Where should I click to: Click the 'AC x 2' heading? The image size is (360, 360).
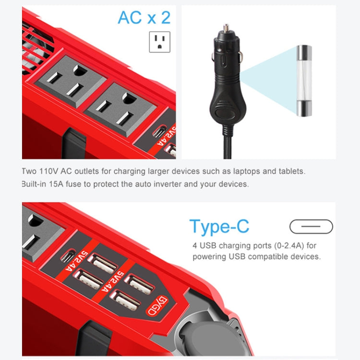[x=144, y=18]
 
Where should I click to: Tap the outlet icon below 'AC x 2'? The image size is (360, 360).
[x=160, y=42]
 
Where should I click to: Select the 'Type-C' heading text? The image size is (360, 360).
[x=219, y=226]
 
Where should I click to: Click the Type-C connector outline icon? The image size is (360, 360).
[x=311, y=226]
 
